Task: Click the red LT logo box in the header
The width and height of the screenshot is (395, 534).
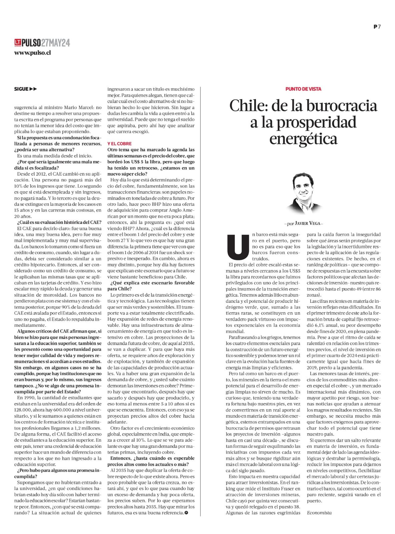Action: click(18, 43)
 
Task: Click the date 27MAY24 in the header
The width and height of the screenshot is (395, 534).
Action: click(56, 43)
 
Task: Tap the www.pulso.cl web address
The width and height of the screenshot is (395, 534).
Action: click(32, 52)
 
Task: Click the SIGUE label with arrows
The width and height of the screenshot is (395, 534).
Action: click(26, 89)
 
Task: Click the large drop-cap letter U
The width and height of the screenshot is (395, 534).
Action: click(237, 247)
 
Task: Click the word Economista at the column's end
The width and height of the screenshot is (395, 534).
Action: click(319, 513)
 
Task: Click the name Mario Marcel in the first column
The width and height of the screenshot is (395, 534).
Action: click(76, 107)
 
